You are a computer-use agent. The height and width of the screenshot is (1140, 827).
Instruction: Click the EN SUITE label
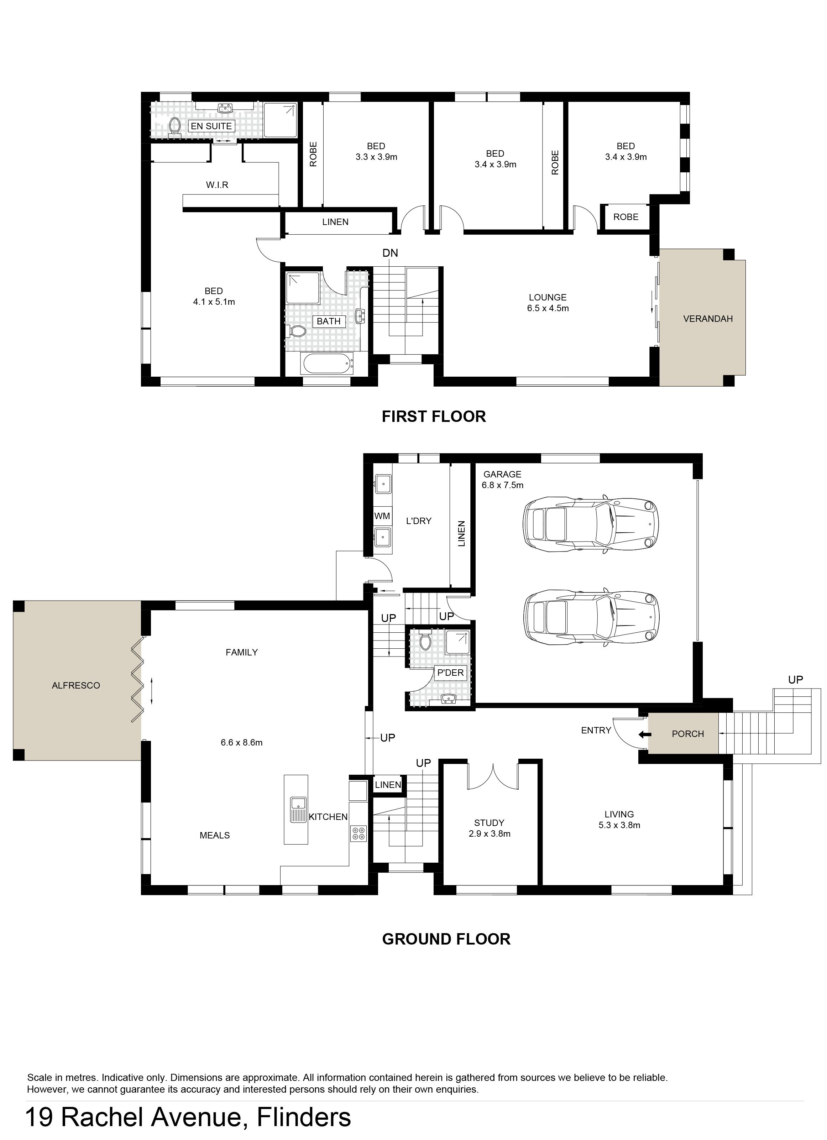pos(211,126)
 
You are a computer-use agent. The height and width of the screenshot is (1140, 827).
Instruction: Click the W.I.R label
pos(217,185)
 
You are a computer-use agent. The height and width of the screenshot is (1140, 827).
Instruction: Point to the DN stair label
pos(390,253)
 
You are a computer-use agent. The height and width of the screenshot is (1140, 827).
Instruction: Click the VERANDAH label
pos(708,319)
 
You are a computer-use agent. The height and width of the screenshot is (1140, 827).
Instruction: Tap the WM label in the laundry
pos(382,516)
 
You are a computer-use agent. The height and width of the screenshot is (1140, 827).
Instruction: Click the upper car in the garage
pos(590,525)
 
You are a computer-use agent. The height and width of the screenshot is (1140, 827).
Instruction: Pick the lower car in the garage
pos(590,617)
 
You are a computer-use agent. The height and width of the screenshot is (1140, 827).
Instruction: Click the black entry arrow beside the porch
pos(644,734)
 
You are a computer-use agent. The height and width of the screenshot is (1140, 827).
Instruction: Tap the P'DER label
pos(450,673)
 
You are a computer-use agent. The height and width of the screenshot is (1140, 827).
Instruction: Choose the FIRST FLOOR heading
pos(434,416)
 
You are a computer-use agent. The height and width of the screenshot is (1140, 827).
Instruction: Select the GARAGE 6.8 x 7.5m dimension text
pos(503,480)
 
